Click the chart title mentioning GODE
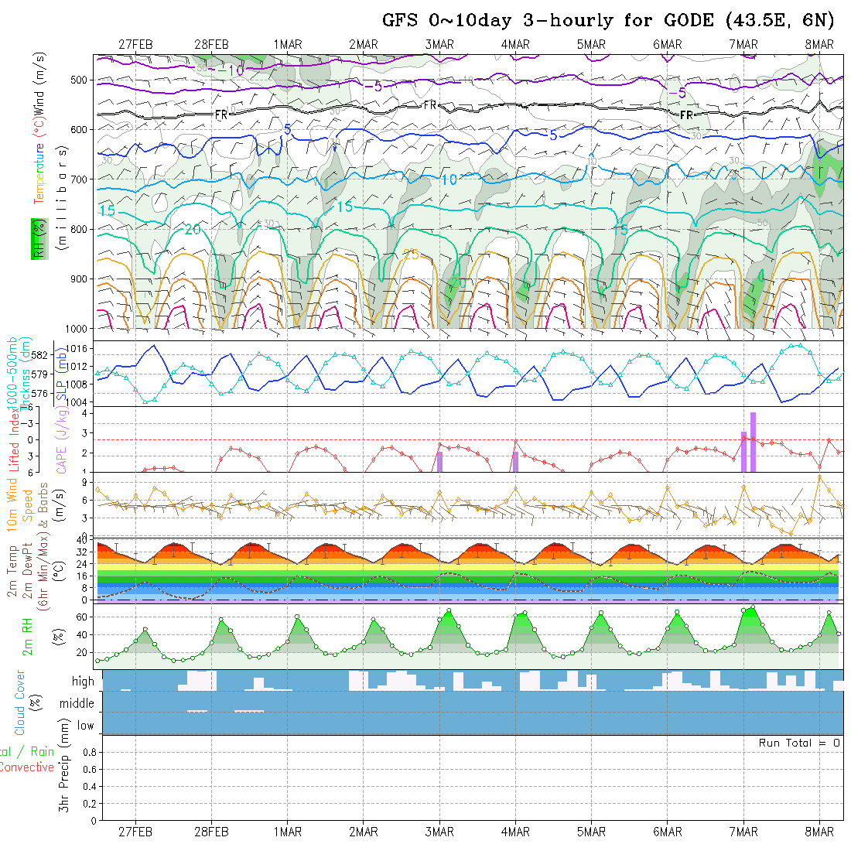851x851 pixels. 608,20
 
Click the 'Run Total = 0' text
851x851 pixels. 799,743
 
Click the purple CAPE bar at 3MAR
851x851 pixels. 439,461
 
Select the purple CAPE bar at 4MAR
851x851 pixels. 515,461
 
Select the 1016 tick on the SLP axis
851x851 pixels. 78,349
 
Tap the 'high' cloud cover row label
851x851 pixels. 83,682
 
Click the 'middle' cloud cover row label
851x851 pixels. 77,703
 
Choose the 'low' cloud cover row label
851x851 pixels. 85,726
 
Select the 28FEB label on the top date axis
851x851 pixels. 211,45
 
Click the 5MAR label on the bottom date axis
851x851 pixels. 591,832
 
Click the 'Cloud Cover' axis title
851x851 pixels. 20,702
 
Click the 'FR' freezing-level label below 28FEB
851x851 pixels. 221,114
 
